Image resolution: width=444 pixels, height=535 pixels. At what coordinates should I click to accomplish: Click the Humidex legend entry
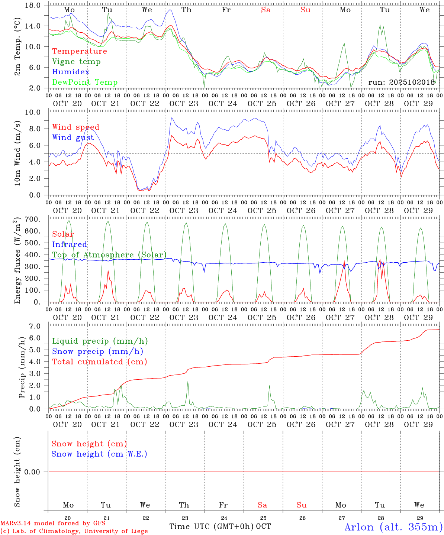pos(71,72)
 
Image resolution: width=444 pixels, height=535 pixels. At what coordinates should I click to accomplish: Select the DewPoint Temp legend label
pos(85,82)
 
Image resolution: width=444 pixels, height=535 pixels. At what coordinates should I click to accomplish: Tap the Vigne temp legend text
pos(76,62)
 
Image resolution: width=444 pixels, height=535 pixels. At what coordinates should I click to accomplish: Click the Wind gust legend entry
pos(73,137)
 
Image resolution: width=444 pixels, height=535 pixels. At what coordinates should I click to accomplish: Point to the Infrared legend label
pos(70,244)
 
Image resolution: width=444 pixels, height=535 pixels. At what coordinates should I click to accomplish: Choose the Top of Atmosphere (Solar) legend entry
pos(109,255)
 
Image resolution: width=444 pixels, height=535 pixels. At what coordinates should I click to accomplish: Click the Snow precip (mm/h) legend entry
pos(97,351)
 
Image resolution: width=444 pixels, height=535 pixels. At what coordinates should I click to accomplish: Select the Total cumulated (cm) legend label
pos(99,362)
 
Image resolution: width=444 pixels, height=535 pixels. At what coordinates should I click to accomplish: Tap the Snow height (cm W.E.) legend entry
pos(99,454)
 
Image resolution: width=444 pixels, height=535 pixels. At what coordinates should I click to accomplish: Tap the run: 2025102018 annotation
pos(402,82)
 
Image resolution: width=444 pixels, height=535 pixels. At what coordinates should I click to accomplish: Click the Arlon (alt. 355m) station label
pos(393,527)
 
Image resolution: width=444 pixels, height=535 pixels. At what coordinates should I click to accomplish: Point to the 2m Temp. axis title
pos(17,46)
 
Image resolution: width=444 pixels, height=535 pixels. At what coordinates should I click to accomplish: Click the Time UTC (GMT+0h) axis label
pos(212,526)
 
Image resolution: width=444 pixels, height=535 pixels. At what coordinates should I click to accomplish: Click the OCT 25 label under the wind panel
pos(262,211)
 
